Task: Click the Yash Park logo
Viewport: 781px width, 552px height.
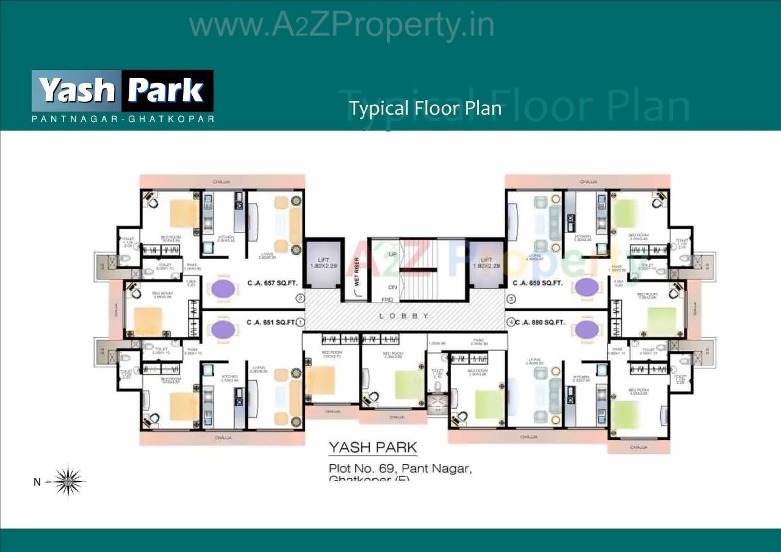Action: (x=122, y=91)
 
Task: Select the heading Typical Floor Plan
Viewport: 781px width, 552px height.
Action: (x=425, y=109)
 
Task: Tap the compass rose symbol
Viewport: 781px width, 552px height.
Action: (x=68, y=481)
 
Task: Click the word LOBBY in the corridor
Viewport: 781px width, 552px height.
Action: (x=404, y=316)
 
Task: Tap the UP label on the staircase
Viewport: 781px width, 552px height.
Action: (x=392, y=254)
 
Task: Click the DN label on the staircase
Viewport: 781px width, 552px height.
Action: (x=392, y=287)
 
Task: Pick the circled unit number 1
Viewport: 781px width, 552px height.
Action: (x=300, y=321)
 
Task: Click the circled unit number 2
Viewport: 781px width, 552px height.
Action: (x=300, y=298)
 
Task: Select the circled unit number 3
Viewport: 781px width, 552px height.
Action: (x=511, y=298)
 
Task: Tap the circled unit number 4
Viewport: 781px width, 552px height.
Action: (x=511, y=321)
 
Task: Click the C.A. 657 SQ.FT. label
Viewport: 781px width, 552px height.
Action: (x=272, y=283)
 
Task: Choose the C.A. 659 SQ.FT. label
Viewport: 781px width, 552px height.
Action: (x=538, y=283)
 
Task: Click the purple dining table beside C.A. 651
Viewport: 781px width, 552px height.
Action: (x=223, y=329)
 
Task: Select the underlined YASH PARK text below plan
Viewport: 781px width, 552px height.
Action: (x=373, y=448)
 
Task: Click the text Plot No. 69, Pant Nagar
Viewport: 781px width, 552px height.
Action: (x=400, y=468)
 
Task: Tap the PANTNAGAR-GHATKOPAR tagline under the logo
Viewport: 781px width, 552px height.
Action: (x=123, y=119)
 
